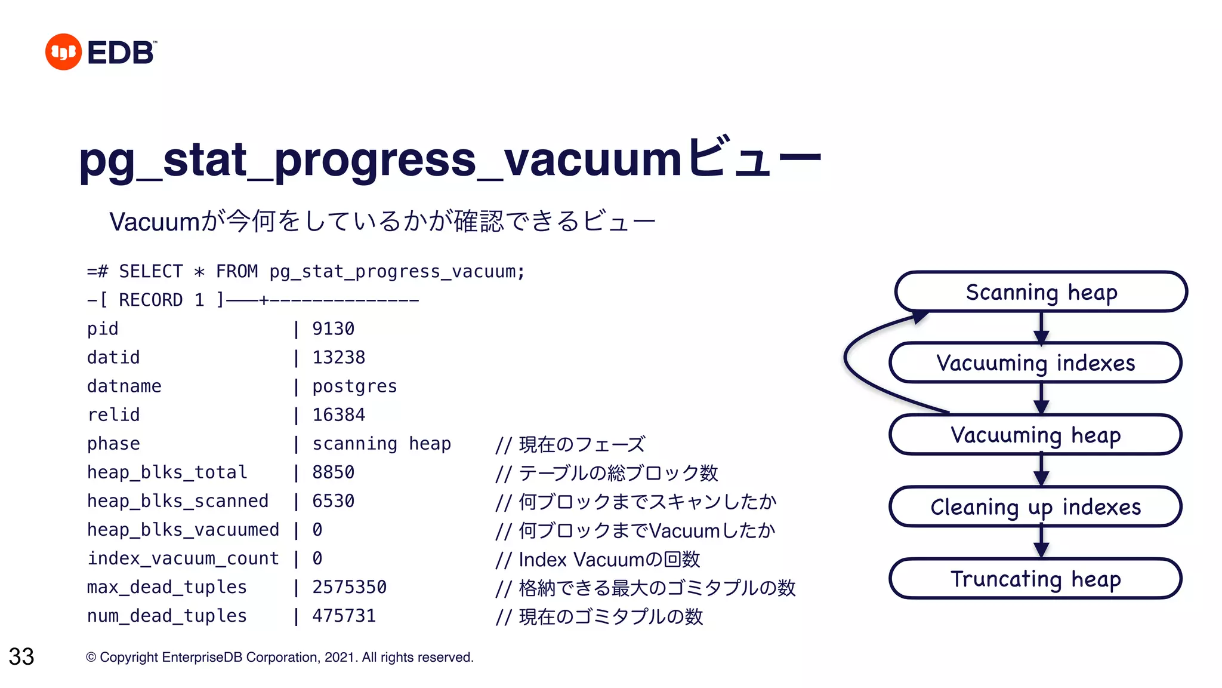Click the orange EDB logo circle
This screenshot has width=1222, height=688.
point(63,52)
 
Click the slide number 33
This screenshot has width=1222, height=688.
point(21,656)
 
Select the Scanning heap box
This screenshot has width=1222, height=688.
point(1041,292)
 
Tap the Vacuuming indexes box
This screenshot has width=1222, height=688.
point(1035,363)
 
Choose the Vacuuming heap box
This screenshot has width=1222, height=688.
point(1035,435)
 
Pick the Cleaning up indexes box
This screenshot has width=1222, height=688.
point(1035,507)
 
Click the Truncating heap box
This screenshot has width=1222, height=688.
point(1035,579)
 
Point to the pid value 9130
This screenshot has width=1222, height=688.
point(333,328)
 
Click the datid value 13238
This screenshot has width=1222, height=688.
point(338,357)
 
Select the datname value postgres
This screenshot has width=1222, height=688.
point(354,386)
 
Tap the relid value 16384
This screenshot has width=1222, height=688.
point(338,414)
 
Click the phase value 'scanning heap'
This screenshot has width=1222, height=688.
point(381,444)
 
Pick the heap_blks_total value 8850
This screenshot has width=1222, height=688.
point(333,472)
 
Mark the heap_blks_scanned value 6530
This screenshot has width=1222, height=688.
point(333,501)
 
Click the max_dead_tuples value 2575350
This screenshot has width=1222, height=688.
point(349,587)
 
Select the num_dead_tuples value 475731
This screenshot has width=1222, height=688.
point(344,616)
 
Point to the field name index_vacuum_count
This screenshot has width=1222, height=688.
point(183,558)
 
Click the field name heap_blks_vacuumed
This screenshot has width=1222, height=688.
point(183,530)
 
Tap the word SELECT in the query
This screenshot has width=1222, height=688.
point(151,272)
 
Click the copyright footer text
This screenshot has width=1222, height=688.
point(280,658)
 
